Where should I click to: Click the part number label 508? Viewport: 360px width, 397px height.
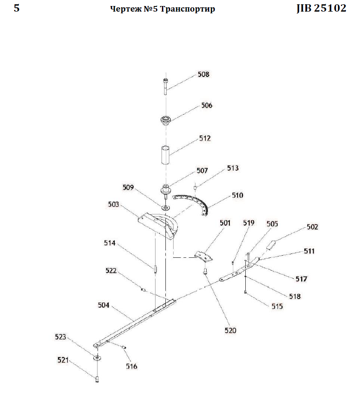pos(204,74)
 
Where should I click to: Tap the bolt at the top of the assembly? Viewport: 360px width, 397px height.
pos(165,87)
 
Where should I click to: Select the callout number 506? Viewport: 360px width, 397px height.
pos(207,105)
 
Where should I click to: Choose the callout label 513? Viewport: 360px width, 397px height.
pos(233,168)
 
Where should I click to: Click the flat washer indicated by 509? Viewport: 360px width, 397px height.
pos(166,208)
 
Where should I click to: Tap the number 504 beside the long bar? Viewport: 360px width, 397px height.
pos(104,305)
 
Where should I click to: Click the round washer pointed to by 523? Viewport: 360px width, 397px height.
pos(97,358)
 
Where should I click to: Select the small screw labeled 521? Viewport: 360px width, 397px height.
pos(97,379)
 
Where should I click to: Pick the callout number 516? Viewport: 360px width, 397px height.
pos(131,366)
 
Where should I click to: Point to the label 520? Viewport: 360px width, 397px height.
pos(230,330)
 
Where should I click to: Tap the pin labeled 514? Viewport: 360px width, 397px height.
pos(155,269)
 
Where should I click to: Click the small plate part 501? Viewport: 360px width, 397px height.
pos(203,256)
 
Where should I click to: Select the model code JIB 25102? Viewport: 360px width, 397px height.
pos(321,8)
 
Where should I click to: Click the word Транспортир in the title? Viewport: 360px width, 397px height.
pos(188,9)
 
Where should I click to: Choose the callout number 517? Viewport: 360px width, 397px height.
pos(301,279)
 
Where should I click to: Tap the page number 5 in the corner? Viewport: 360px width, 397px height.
pos(16,8)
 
